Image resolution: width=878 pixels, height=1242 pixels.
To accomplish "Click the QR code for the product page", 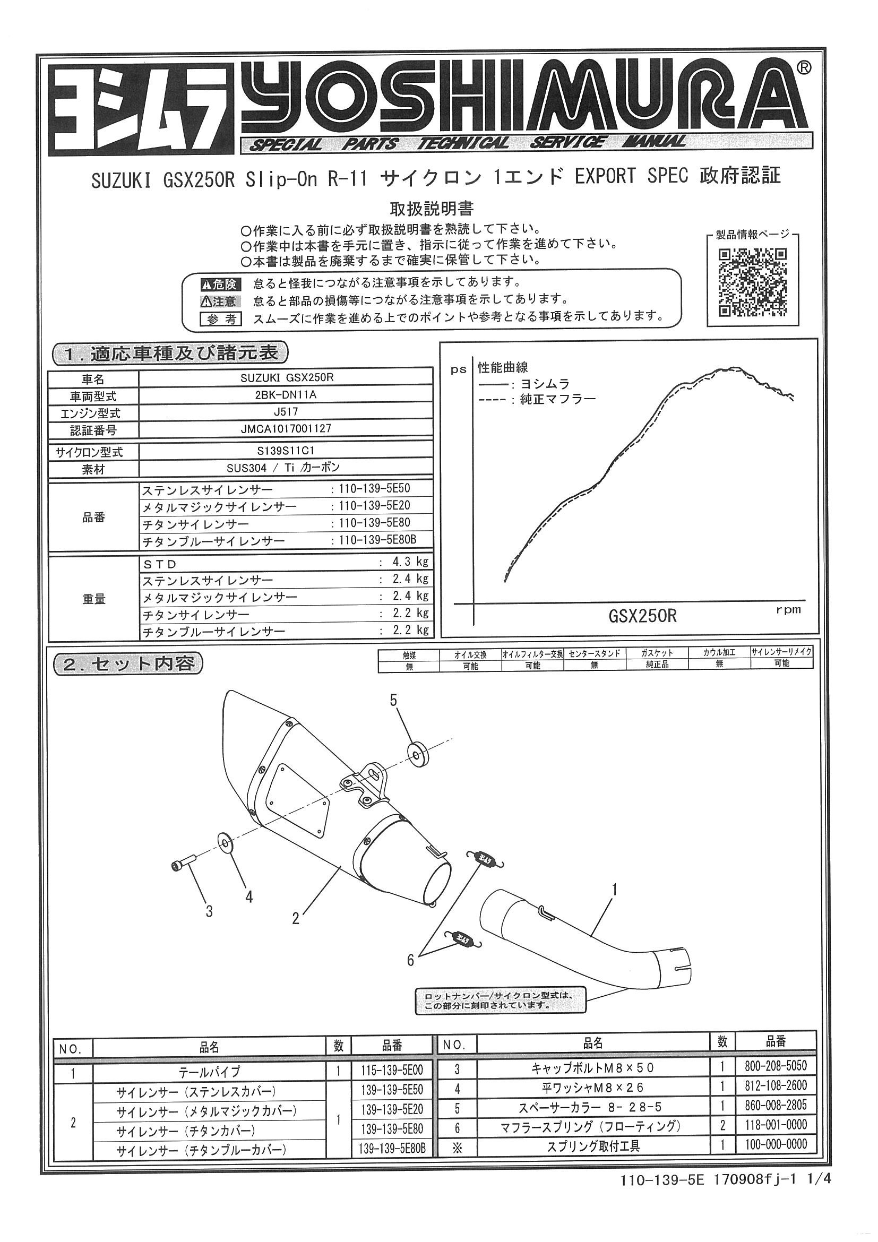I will [752, 282].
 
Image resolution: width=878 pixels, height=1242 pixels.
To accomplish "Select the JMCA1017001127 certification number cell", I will [286, 429].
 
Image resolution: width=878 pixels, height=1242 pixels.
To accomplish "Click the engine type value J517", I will [286, 412].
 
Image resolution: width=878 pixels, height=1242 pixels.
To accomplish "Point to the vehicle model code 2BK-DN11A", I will [286, 395].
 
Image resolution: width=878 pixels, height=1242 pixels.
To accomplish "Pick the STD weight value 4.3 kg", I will [410, 562].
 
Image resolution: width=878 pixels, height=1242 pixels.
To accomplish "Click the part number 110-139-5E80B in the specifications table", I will [377, 539].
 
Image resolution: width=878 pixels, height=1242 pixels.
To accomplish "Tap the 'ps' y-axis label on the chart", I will [458, 370].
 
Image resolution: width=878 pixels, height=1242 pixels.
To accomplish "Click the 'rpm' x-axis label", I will [788, 610].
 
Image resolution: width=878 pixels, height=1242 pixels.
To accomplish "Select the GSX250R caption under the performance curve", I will [642, 616].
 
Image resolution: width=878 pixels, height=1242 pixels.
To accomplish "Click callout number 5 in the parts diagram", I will [393, 700].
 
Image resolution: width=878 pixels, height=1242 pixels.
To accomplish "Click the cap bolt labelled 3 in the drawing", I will [183, 866].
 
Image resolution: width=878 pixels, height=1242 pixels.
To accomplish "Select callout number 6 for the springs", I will [410, 960].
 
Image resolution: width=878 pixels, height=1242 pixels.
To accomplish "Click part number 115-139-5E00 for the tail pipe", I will [392, 1071].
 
